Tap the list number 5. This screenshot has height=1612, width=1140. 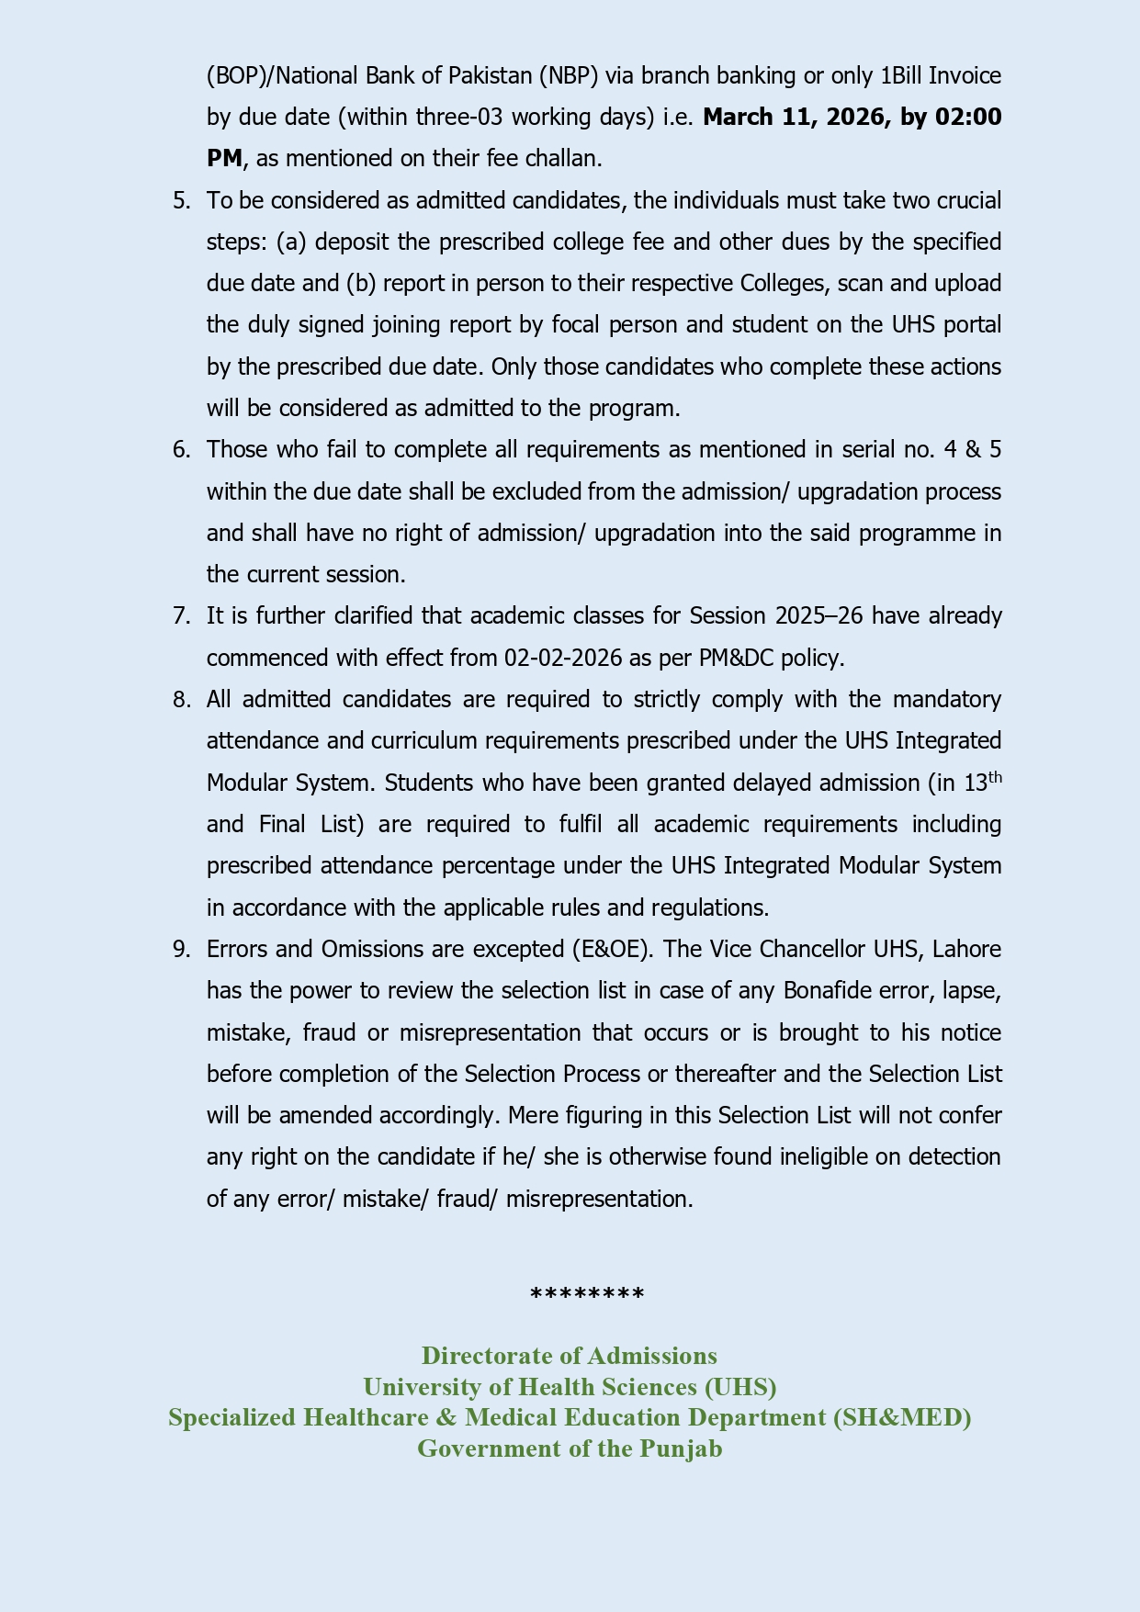pos(181,200)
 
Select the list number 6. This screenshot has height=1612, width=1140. pos(181,449)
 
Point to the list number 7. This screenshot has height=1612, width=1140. pos(181,615)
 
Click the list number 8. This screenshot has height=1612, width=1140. pos(181,699)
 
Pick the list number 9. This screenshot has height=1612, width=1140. pos(181,949)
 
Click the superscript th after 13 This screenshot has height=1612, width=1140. pos(994,777)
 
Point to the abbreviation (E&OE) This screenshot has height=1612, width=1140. pos(612,949)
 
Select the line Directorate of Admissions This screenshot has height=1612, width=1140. pos(570,1356)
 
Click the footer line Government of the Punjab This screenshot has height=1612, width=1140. pos(570,1449)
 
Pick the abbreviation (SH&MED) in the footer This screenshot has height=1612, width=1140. pos(902,1417)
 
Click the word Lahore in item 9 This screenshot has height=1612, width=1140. pos(966,949)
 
